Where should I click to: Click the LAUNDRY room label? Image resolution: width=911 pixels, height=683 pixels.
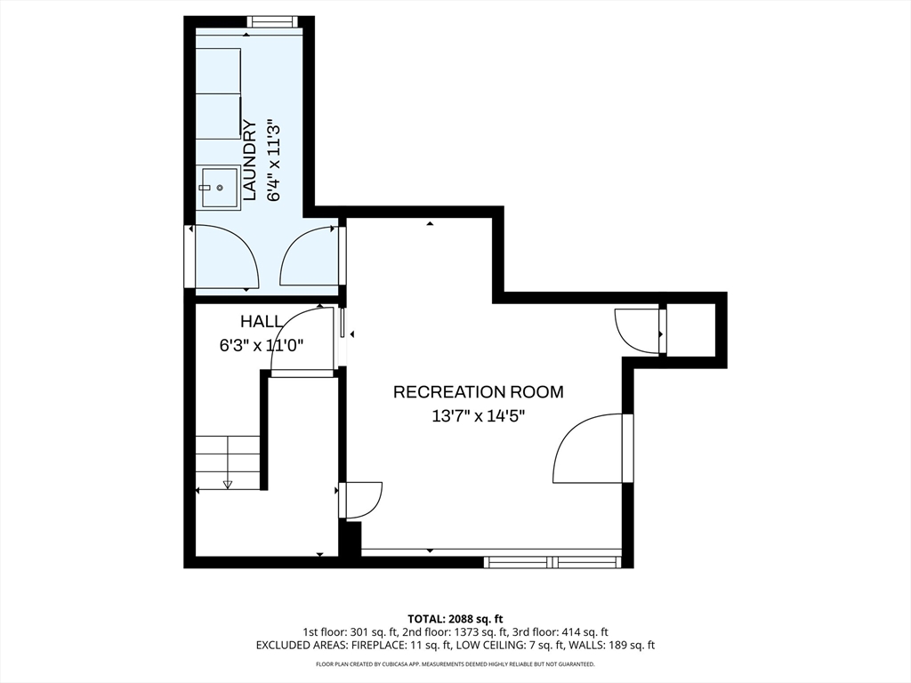[x=249, y=160]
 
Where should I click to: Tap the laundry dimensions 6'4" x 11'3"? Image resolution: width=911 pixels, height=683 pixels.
[x=274, y=160]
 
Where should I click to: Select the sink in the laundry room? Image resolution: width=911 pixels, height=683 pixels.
[x=221, y=189]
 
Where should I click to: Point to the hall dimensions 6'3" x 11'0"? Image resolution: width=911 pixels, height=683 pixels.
[x=262, y=346]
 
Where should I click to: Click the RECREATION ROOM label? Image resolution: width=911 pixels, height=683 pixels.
[x=478, y=392]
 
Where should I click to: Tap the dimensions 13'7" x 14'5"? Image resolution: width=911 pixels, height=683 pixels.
[x=478, y=416]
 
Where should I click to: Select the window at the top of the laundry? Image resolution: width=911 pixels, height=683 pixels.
[x=272, y=21]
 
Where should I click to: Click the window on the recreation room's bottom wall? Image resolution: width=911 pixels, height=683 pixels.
[x=552, y=562]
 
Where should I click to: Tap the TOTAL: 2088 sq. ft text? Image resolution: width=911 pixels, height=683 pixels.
[x=455, y=619]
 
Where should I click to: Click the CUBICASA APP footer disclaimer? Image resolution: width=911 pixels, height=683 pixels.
[x=455, y=663]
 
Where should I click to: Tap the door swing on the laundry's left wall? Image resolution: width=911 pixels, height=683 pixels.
[x=227, y=255]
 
